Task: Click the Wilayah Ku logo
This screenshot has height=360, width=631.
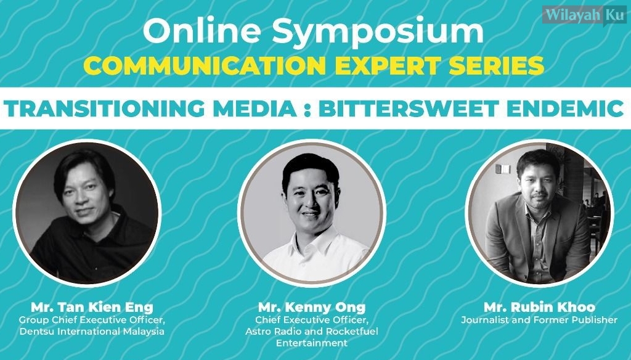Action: [584, 15]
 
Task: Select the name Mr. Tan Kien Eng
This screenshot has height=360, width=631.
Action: [92, 307]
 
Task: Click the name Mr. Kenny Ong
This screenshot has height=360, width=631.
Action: [312, 308]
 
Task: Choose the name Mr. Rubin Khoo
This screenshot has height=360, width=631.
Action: [539, 307]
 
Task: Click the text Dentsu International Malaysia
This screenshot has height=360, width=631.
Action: [92, 332]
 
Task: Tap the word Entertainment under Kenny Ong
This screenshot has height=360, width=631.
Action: [311, 343]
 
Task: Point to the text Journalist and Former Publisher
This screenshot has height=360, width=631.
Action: [539, 320]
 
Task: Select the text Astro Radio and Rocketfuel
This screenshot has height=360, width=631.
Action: [312, 332]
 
